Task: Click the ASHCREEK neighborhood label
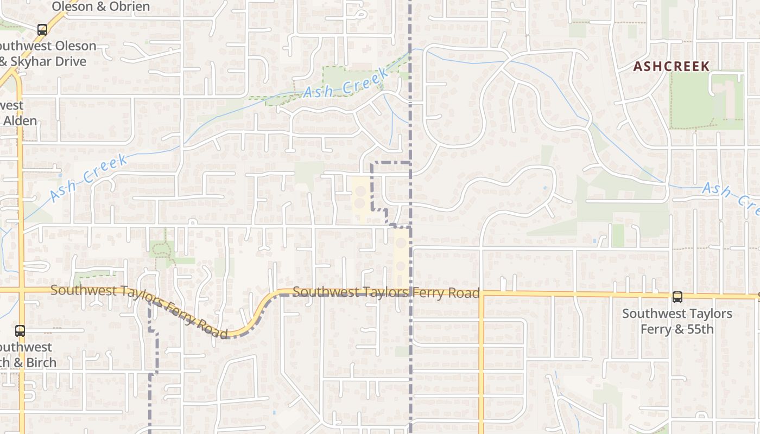(672, 67)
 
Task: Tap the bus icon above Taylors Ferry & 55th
(677, 297)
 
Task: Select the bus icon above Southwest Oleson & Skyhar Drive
(42, 30)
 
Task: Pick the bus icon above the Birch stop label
(20, 330)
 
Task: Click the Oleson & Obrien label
(101, 7)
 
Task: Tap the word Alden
(21, 120)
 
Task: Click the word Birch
(41, 362)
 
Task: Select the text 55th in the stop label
(700, 329)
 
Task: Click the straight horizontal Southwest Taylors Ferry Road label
(386, 293)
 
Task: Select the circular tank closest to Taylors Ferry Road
(401, 267)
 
